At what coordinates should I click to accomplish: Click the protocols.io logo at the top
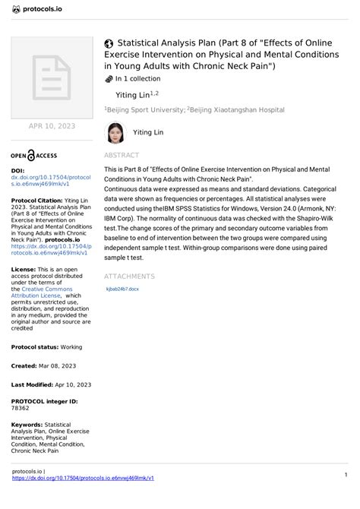point(38,9)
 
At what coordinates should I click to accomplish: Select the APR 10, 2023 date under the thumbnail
point(52,125)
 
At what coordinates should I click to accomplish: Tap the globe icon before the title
point(109,44)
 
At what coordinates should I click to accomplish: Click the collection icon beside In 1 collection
point(108,78)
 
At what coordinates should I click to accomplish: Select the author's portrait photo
point(115,133)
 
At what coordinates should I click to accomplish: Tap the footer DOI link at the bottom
point(84,479)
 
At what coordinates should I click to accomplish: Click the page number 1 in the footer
point(346,475)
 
